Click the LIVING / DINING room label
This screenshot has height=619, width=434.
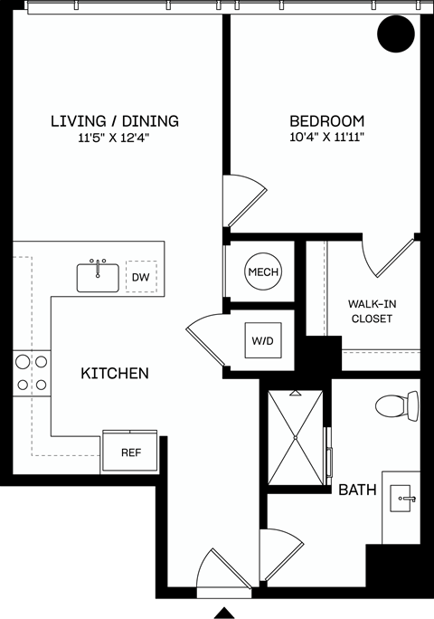[x=114, y=121]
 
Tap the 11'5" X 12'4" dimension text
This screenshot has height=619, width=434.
[x=114, y=138]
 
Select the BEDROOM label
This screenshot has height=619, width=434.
[x=326, y=121]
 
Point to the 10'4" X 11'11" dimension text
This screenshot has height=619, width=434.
[x=326, y=138]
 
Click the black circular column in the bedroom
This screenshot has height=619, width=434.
[x=395, y=35]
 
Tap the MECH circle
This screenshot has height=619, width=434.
[x=263, y=272]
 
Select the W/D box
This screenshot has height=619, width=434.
[x=263, y=341]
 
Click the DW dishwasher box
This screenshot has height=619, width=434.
[x=141, y=278]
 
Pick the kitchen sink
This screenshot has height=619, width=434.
[x=98, y=276]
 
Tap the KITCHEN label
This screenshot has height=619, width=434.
[x=115, y=373]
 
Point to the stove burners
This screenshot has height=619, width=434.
[x=30, y=373]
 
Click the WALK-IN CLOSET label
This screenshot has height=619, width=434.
[x=371, y=311]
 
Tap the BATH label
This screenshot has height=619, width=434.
[x=357, y=490]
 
